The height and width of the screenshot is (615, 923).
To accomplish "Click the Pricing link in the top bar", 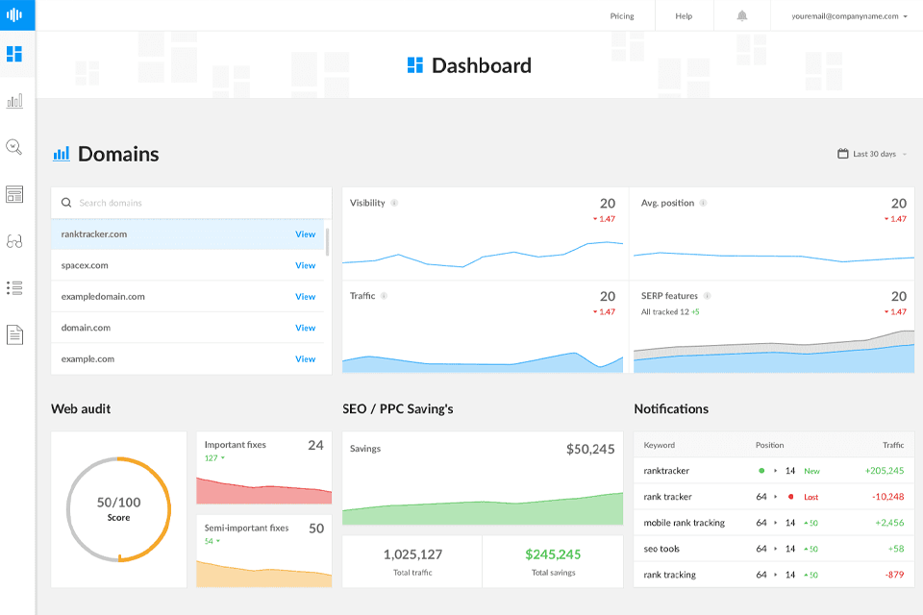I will (x=622, y=16).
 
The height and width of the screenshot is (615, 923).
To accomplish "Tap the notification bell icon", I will (x=742, y=16).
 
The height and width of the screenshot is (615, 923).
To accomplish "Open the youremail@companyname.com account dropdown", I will (x=850, y=16).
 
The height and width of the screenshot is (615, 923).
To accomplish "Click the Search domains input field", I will (x=192, y=203).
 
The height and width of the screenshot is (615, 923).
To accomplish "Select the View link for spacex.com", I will (x=305, y=265).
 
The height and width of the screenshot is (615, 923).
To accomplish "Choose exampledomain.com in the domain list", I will (x=103, y=297).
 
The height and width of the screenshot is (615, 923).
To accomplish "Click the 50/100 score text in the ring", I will (x=118, y=503).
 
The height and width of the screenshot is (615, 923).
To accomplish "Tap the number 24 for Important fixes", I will (x=315, y=445).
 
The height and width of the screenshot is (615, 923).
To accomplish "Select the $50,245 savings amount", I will (x=590, y=449).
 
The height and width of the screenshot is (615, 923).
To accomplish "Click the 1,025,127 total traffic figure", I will (x=412, y=554).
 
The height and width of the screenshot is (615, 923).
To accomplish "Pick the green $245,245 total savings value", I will (x=553, y=554).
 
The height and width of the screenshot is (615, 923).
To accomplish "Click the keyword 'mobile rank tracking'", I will (x=685, y=523).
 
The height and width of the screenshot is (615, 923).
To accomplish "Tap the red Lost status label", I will (x=811, y=497).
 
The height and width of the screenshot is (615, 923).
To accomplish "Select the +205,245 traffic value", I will (x=885, y=471).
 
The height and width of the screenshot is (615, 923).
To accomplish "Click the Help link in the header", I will (x=684, y=16).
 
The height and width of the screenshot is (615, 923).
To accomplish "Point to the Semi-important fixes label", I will (x=246, y=529).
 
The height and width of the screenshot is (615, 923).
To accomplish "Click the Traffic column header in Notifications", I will (x=893, y=445).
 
